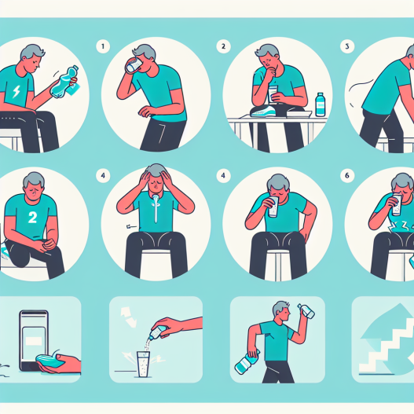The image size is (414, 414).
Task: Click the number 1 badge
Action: pyautogui.click(x=103, y=46)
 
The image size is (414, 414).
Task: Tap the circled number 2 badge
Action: pyautogui.click(x=223, y=46)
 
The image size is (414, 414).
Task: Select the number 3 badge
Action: pyautogui.click(x=347, y=46)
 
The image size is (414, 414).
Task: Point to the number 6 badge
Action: pyautogui.click(x=347, y=175)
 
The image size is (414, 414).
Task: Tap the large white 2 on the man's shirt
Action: pyautogui.click(x=32, y=218)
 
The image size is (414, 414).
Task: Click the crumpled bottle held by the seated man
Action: pyautogui.click(x=64, y=82)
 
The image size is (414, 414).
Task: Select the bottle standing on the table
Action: pyautogui.click(x=320, y=104)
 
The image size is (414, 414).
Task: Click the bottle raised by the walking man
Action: pyautogui.click(x=306, y=311)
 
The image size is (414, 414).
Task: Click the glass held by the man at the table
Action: pyautogui.click(x=273, y=94)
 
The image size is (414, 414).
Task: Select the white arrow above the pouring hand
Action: pyautogui.click(x=129, y=316)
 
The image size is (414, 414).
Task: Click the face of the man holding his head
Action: pyautogui.click(x=156, y=185)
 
